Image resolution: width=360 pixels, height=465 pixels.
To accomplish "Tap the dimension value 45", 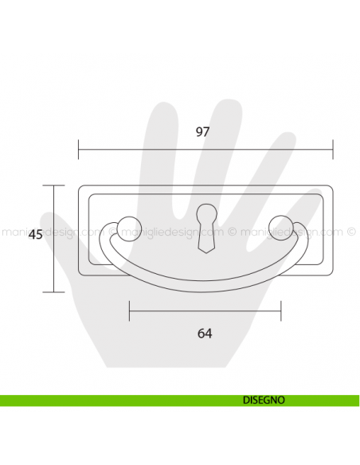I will [35, 235].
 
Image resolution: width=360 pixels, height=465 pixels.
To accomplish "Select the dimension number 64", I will [205, 332].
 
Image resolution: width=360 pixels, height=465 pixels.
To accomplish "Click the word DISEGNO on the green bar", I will [263, 401].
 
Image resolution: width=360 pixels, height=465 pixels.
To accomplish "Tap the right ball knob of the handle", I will [280, 227].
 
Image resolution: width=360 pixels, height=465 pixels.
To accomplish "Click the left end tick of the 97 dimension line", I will [79, 148].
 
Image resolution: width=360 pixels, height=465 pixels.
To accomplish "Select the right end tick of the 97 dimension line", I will [333, 148].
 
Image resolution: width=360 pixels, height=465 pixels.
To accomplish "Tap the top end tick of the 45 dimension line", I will [53, 185].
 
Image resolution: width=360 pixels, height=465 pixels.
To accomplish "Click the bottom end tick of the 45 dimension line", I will [53, 291].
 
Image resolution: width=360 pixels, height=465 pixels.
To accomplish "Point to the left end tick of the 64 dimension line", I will [129, 311].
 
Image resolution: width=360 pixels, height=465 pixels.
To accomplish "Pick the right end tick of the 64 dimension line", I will [280, 311].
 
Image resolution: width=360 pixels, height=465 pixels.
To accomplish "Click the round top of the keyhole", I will [205, 213].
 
